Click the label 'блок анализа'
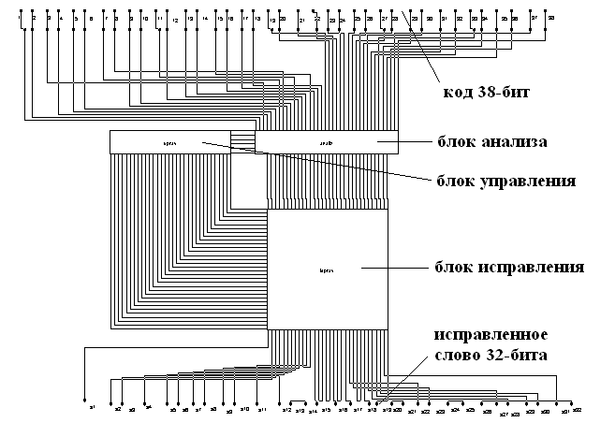[x=493, y=142]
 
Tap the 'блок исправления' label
[x=510, y=267]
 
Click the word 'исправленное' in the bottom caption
[x=489, y=334]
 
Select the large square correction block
[x=328, y=269]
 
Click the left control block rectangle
[x=170, y=142]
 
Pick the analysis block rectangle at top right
[x=327, y=142]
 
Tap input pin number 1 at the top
[x=20, y=17]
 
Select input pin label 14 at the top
[x=204, y=19]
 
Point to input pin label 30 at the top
[x=429, y=19]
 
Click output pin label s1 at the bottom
[x=92, y=408]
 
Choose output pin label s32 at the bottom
[x=578, y=410]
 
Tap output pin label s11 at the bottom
[x=262, y=410]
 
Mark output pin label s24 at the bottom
[x=456, y=410]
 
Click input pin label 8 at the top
[x=115, y=19]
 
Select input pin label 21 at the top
[x=300, y=20]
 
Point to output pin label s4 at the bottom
[x=147, y=408]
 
